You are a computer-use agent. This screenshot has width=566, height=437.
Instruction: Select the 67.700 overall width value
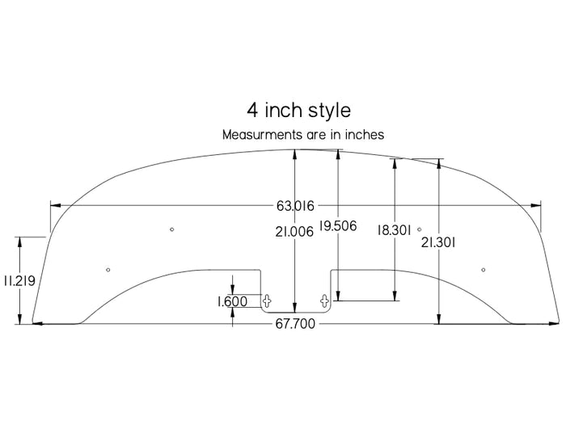tap(295, 324)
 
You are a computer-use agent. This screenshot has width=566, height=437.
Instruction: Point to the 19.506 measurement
tap(338, 226)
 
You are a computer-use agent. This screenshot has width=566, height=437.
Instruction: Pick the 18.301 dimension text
tap(395, 229)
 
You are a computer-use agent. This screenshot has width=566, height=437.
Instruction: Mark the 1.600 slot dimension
tap(232, 301)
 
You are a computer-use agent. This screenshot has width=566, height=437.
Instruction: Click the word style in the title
tap(329, 109)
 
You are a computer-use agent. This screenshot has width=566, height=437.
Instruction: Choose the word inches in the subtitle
tap(363, 135)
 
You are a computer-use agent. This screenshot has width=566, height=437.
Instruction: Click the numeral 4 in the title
tap(252, 109)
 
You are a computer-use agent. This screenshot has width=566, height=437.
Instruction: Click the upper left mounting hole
tap(171, 230)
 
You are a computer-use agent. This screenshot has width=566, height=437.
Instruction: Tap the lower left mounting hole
tap(108, 269)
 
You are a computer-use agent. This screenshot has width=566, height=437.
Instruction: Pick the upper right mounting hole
tap(419, 230)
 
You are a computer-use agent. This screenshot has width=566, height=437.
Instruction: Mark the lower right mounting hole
tap(483, 269)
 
